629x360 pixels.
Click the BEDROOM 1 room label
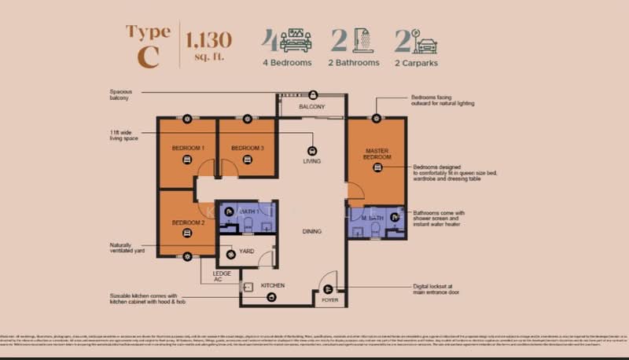[x=188, y=148]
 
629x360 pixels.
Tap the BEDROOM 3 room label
[x=247, y=148]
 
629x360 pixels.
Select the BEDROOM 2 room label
[x=188, y=222]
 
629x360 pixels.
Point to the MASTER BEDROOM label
[x=377, y=153]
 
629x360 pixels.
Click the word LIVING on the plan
[x=312, y=161]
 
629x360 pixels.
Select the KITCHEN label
[x=272, y=285]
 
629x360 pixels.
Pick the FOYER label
[x=328, y=300]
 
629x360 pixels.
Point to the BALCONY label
[x=311, y=106]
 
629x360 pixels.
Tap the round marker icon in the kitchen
[x=271, y=297]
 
